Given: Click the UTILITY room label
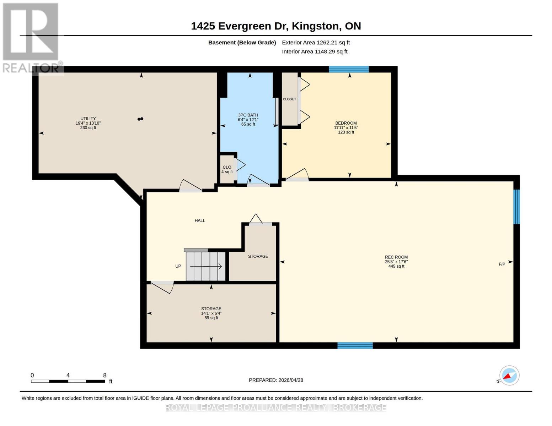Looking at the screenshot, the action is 88,119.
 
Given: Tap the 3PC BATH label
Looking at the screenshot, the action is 248,115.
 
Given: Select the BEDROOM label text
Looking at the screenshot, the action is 346,123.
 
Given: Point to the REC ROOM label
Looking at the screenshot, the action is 396,257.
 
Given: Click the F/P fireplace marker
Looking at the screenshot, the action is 502,264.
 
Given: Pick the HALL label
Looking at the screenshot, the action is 200,220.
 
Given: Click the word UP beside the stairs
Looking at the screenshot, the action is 178,266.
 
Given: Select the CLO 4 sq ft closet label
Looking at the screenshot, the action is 227,169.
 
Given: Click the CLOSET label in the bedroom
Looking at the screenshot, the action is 289,99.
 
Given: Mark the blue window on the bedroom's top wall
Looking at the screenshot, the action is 349,69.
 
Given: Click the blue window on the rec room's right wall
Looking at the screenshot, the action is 516,207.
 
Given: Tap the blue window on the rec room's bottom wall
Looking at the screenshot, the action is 355,345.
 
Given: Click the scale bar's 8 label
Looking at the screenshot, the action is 104,375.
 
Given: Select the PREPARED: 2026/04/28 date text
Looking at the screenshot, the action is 276,380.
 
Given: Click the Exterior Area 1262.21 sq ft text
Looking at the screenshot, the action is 316,43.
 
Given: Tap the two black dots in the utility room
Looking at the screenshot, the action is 140,119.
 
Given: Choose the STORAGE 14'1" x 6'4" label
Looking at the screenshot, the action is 211,313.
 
